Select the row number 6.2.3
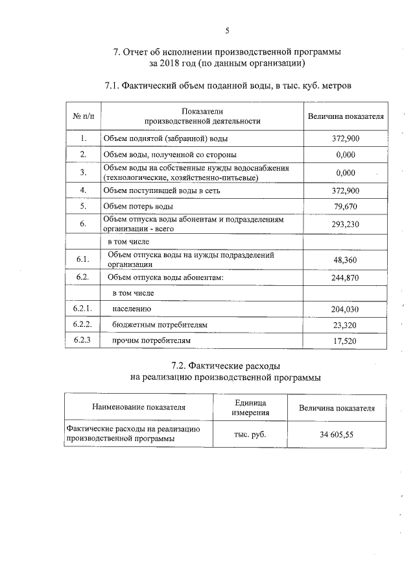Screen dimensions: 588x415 tap(82, 340)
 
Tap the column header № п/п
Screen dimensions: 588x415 tap(83, 116)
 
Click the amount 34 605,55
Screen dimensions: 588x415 tap(336, 435)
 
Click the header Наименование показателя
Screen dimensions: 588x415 tap(139, 407)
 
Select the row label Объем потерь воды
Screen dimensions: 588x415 tap(138, 207)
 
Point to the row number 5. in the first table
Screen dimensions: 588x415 tap(83, 206)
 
